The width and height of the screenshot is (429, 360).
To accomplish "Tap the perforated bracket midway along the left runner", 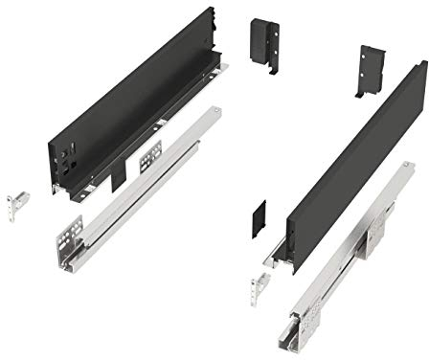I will [x=150, y=153].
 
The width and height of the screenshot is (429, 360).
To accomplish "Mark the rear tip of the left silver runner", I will [x=216, y=109].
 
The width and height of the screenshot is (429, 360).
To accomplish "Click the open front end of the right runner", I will [x=301, y=335].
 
